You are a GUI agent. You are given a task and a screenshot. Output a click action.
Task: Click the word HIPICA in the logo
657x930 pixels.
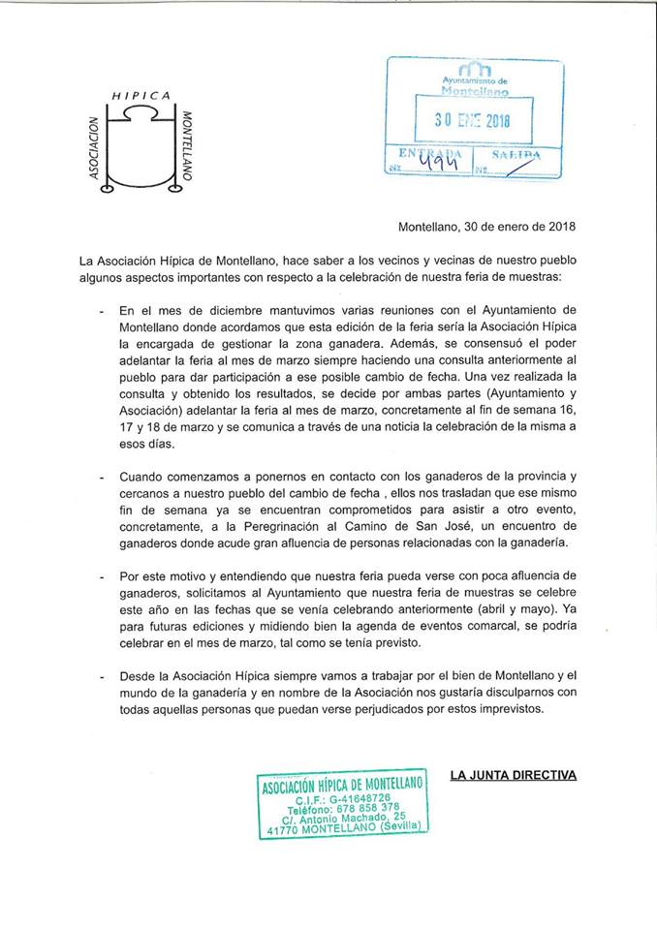click(x=141, y=95)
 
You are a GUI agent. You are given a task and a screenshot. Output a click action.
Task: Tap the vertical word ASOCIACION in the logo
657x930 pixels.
click(x=95, y=150)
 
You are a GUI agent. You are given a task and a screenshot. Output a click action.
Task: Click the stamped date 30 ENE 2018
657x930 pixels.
click(x=473, y=122)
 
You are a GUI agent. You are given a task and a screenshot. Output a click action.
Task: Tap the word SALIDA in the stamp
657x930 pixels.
click(x=516, y=155)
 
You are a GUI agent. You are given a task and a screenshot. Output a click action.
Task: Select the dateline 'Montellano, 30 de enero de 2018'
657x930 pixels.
click(x=487, y=228)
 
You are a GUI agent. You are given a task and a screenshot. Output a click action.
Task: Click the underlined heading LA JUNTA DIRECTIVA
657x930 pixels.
click(x=514, y=774)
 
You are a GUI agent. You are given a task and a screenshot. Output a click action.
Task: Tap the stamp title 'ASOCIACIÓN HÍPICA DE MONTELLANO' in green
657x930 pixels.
click(x=342, y=786)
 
